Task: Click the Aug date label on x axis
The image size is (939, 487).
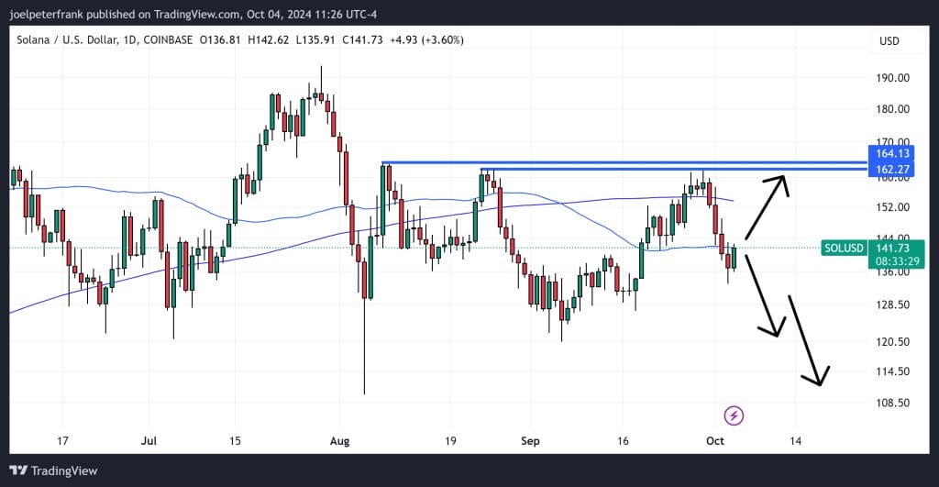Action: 339,440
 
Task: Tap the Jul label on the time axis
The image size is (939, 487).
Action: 150,440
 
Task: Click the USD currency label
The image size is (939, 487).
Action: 889,41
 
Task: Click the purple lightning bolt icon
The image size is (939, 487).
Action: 734,415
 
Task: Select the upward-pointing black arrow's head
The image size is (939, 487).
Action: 782,178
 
